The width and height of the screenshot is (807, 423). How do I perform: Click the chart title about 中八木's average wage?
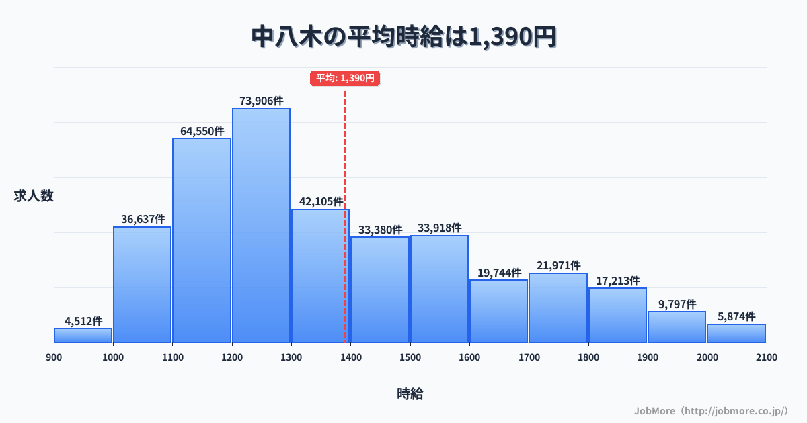[x=403, y=38]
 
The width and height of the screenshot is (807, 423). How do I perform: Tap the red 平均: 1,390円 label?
[x=345, y=78]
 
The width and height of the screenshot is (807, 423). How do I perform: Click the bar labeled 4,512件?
[x=83, y=335]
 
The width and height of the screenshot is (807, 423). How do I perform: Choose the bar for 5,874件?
[x=736, y=333]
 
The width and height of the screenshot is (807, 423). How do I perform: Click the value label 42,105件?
[x=321, y=201]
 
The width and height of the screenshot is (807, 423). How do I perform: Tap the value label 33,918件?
[x=439, y=228]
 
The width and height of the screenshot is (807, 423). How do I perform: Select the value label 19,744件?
[x=499, y=272]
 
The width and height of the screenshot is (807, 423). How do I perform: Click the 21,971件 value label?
[x=558, y=265]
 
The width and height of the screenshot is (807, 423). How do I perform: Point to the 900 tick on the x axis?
[x=54, y=357]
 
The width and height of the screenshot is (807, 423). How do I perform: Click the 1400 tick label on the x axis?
[x=350, y=357]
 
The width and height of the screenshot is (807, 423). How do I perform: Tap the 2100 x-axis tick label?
[x=766, y=357]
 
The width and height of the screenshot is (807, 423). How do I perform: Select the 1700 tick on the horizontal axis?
[x=529, y=357]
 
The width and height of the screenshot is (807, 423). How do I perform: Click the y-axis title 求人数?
[x=34, y=196]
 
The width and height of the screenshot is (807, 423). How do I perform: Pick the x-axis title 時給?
[x=410, y=394]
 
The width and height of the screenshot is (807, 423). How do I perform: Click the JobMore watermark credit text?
[x=711, y=410]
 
